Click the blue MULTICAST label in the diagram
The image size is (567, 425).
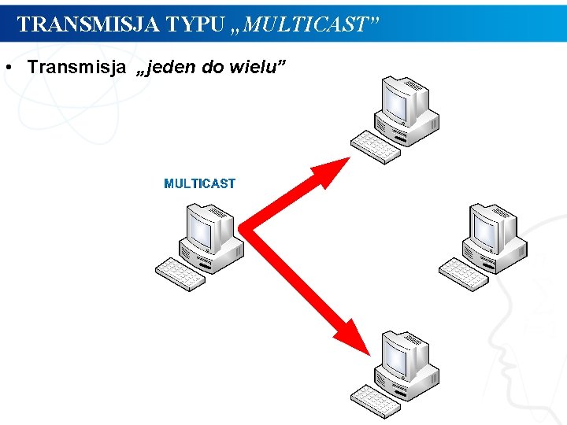199,183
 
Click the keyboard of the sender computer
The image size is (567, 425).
180,274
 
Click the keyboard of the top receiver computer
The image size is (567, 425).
376,146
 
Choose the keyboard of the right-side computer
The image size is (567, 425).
464,274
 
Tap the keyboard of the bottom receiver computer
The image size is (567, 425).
376,401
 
